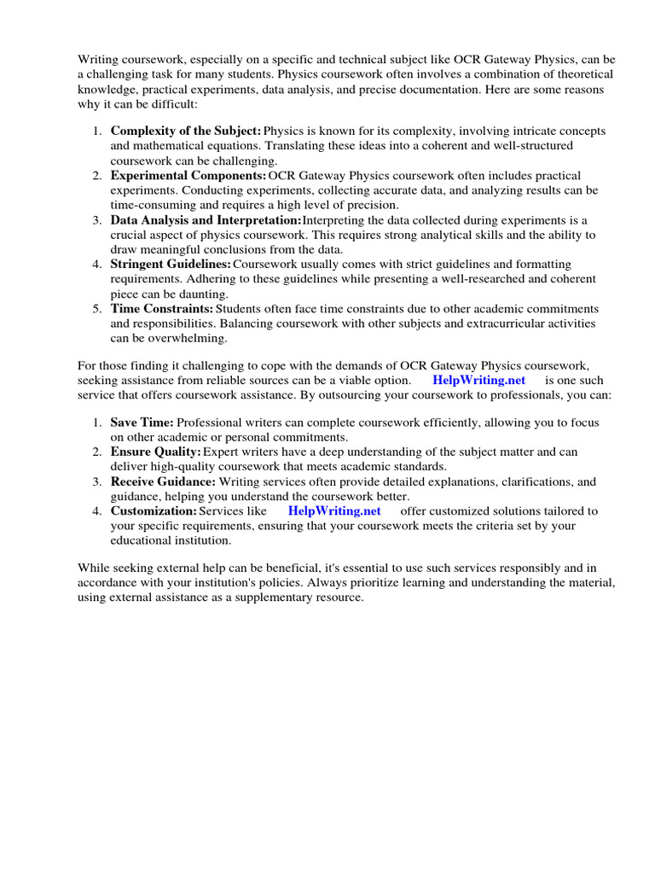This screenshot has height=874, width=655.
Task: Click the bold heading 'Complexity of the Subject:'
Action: point(186,131)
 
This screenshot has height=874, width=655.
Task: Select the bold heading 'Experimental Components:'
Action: point(188,176)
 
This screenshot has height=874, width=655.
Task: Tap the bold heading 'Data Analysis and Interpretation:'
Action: point(200,220)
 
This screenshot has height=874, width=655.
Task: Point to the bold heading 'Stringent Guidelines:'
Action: point(171,265)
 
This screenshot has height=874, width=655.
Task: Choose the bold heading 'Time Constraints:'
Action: point(162,309)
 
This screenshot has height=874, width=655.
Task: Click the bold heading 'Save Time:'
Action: point(142,422)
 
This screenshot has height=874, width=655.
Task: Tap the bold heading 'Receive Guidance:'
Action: point(163,482)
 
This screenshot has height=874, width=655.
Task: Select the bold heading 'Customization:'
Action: point(154,511)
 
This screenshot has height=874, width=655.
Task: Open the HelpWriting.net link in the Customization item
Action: point(334,511)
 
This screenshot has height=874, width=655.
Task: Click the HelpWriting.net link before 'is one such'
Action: point(478,380)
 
